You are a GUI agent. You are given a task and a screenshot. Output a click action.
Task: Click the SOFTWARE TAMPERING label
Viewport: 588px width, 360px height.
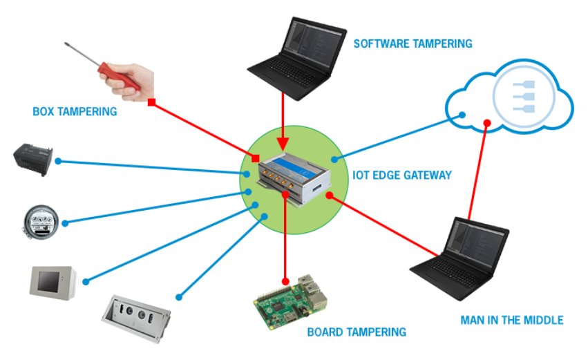[x=412, y=44]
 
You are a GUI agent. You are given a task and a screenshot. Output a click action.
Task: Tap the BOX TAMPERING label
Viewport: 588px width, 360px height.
[x=75, y=111]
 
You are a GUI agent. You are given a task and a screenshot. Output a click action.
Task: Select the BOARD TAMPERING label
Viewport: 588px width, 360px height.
[x=357, y=332]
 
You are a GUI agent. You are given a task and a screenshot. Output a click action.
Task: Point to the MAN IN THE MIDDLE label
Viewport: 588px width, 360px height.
[x=512, y=320]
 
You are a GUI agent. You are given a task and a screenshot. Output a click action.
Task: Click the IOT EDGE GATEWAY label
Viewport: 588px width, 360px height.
[x=401, y=176]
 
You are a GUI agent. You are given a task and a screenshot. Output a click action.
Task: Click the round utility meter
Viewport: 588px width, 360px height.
[x=39, y=222]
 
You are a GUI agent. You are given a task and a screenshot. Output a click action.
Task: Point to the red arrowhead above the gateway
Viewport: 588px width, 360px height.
[x=283, y=144]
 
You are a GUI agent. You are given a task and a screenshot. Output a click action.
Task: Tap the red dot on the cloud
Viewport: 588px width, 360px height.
[x=487, y=125]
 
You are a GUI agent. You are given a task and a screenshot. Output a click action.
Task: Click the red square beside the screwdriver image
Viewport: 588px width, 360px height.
[x=151, y=103]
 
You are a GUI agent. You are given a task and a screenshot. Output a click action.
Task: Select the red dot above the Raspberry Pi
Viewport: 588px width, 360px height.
[x=284, y=281]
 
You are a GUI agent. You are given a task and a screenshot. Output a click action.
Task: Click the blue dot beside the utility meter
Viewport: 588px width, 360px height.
[x=66, y=223]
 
